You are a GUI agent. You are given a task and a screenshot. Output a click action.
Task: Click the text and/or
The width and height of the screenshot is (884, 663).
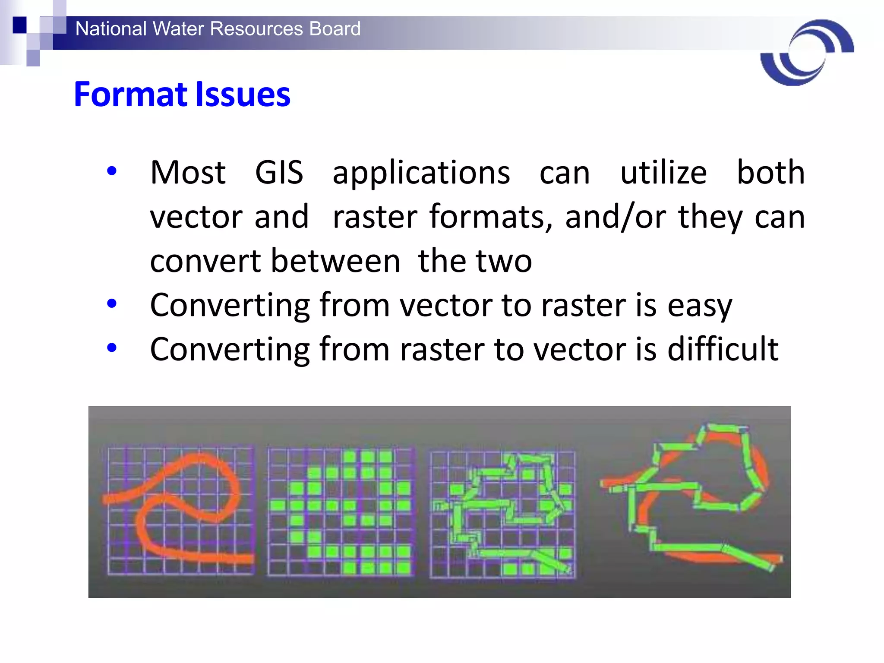[615, 217]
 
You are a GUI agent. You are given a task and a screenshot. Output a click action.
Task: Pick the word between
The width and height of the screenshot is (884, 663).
[336, 261]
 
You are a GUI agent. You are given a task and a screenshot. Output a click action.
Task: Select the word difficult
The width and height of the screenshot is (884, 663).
[723, 349]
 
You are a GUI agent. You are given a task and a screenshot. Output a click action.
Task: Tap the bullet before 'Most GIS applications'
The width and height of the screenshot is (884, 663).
[112, 171]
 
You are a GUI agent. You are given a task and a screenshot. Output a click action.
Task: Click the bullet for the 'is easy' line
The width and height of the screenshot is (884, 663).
[112, 304]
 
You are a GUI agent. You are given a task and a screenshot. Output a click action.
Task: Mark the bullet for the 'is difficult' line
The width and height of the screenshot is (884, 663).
[112, 347]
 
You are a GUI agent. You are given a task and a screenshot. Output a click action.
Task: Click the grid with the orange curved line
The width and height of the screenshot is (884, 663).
[180, 511]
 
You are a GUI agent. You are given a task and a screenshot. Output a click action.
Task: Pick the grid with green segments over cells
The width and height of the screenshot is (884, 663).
[503, 514]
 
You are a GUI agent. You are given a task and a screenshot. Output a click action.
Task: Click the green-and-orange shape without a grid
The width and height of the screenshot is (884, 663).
[691, 496]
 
